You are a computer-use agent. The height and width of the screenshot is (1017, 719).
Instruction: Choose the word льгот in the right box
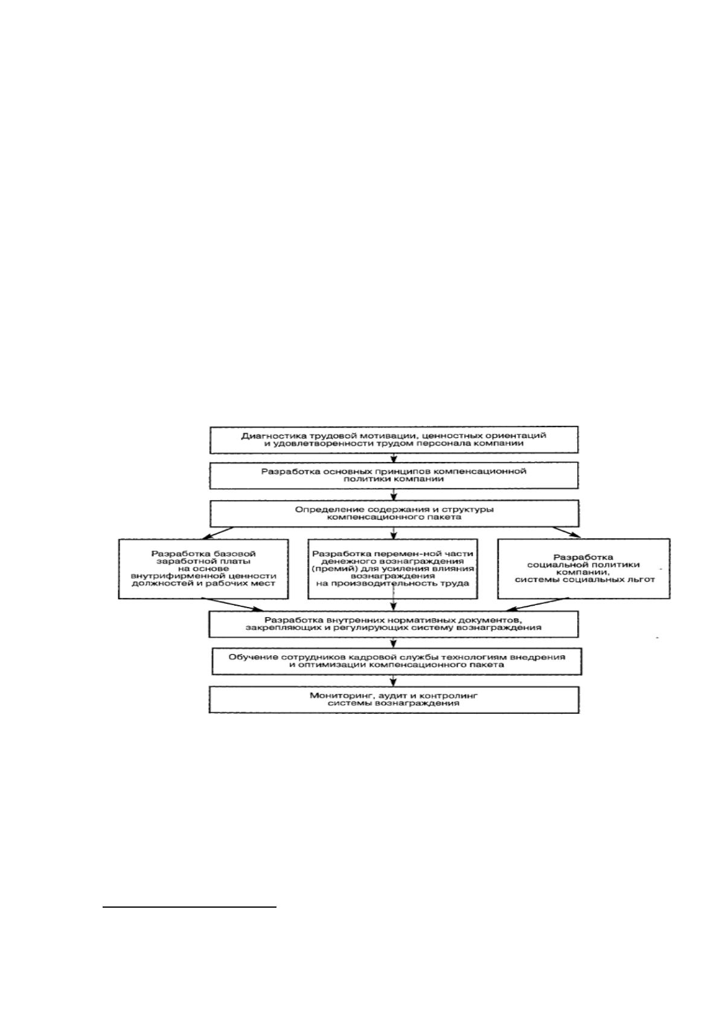pyautogui.click(x=641, y=580)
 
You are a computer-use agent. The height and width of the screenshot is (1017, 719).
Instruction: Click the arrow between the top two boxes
pyautogui.click(x=394, y=458)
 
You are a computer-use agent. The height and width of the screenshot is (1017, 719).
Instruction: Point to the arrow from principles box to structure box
pyautogui.click(x=394, y=495)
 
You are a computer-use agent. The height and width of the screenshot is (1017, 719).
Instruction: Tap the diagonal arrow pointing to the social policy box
pyautogui.click(x=566, y=532)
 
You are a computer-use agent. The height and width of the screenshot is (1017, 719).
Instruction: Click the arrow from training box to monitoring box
pyautogui.click(x=394, y=679)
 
